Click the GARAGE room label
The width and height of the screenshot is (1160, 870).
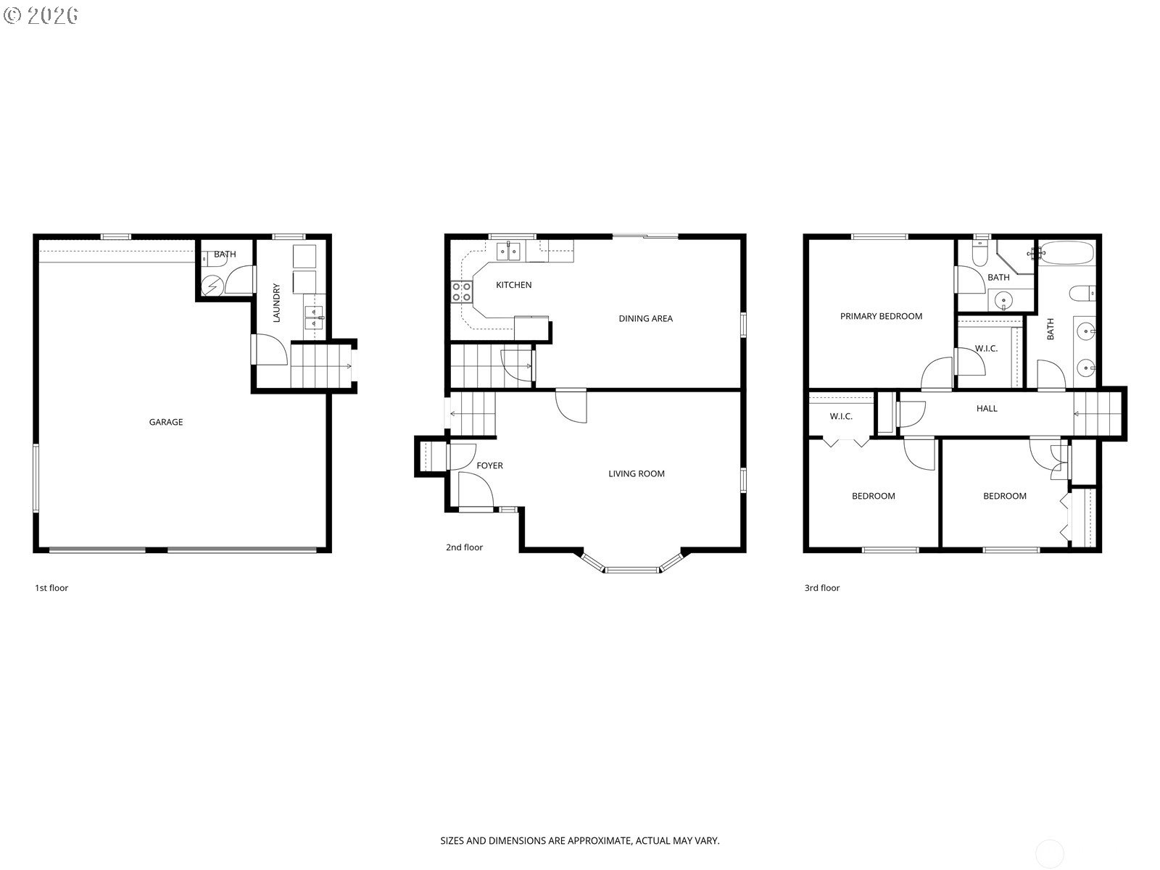tap(166, 422)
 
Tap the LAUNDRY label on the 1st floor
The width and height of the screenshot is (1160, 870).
tap(276, 302)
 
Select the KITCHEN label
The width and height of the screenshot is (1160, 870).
tap(514, 285)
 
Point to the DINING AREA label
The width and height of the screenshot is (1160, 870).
tap(645, 318)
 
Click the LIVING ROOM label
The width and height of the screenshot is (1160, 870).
tap(637, 474)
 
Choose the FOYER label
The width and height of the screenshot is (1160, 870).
tap(489, 465)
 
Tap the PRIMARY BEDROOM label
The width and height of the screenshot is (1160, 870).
tap(881, 316)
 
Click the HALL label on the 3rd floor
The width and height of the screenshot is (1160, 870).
tap(987, 408)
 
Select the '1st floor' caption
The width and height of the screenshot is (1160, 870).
tap(51, 588)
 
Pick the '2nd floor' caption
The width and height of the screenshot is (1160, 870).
tap(464, 547)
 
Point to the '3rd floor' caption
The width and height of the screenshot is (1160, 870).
tap(821, 588)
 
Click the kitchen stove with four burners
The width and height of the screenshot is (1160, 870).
tap(461, 291)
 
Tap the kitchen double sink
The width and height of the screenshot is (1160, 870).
tap(508, 252)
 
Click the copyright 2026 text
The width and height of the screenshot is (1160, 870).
tap(41, 15)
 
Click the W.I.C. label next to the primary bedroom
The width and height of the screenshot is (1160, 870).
tap(985, 349)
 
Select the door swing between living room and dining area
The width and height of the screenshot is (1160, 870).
tap(571, 406)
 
